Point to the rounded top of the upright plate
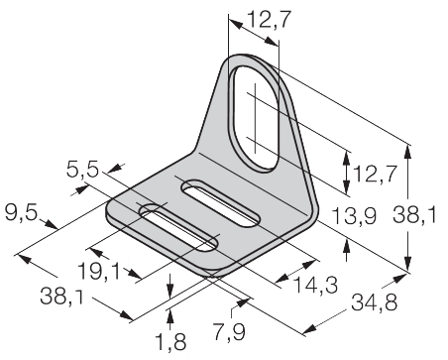pyautogui.click(x=255, y=60)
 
